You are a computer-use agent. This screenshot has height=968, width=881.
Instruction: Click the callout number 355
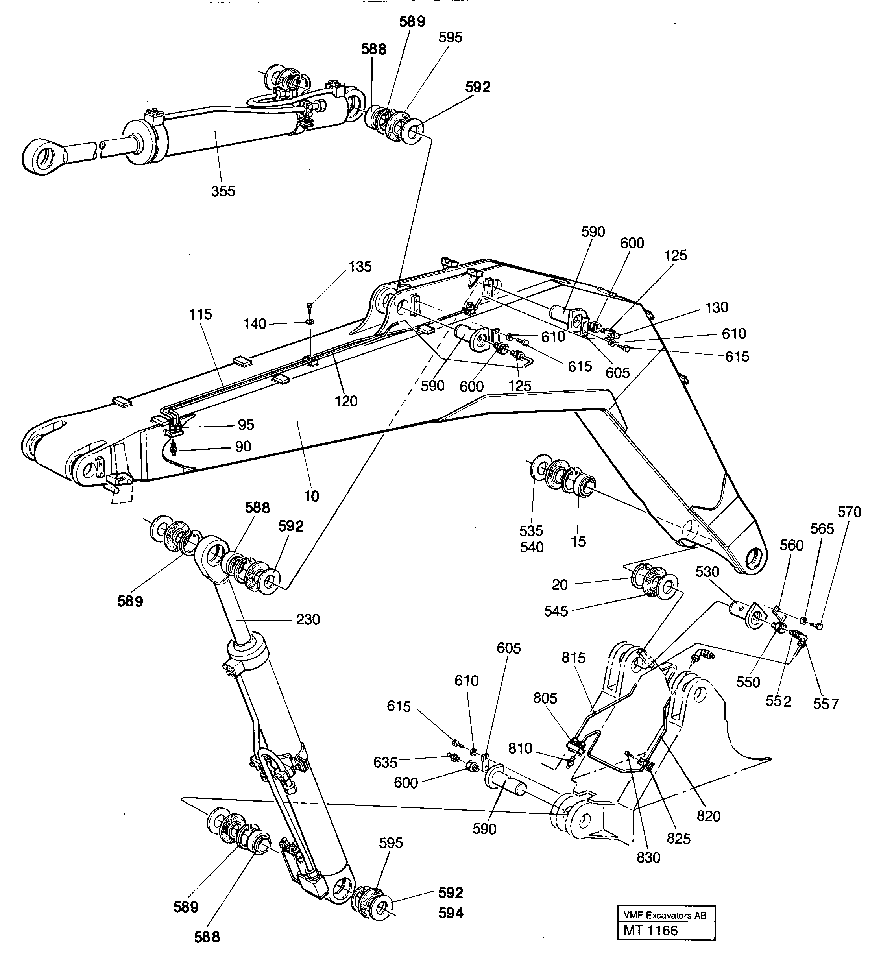coord(223,191)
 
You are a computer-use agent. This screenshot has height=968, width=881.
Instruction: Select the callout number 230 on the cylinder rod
coord(308,619)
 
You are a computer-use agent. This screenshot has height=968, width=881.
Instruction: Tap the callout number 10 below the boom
coord(312,496)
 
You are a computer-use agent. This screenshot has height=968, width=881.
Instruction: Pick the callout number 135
coord(360,266)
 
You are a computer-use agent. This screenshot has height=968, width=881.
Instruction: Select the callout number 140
coord(255,324)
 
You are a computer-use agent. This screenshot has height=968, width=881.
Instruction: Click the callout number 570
coord(849,512)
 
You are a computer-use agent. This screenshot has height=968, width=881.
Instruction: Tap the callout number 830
coord(648,857)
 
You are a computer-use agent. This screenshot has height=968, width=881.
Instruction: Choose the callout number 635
coord(385,762)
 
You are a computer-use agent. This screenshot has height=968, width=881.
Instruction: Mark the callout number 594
coord(451,913)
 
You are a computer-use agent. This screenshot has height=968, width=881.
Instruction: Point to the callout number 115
coord(200,314)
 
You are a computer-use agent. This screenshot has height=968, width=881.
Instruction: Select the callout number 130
coord(716,307)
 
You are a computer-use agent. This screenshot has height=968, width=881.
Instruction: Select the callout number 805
coord(545,698)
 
